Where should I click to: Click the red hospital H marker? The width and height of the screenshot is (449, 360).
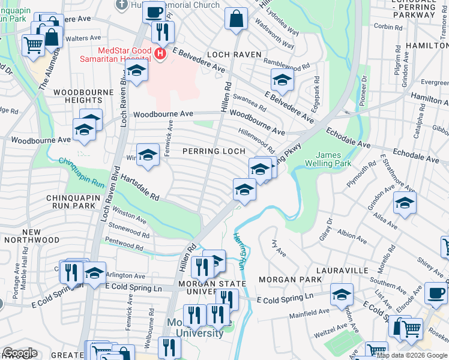click(x=160, y=55)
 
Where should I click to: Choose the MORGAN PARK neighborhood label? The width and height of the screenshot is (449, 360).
click(x=286, y=280)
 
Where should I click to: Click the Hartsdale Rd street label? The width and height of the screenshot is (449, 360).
click(x=139, y=188)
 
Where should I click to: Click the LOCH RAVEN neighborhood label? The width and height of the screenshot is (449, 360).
click(x=235, y=55)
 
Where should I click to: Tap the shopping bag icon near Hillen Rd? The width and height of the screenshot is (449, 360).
click(x=237, y=18)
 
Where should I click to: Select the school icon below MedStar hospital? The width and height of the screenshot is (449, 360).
click(x=137, y=73)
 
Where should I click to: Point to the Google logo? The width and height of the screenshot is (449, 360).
click(x=20, y=353)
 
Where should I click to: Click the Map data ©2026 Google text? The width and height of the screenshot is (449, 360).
click(x=412, y=355)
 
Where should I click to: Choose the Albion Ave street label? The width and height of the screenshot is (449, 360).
click(x=352, y=236)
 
